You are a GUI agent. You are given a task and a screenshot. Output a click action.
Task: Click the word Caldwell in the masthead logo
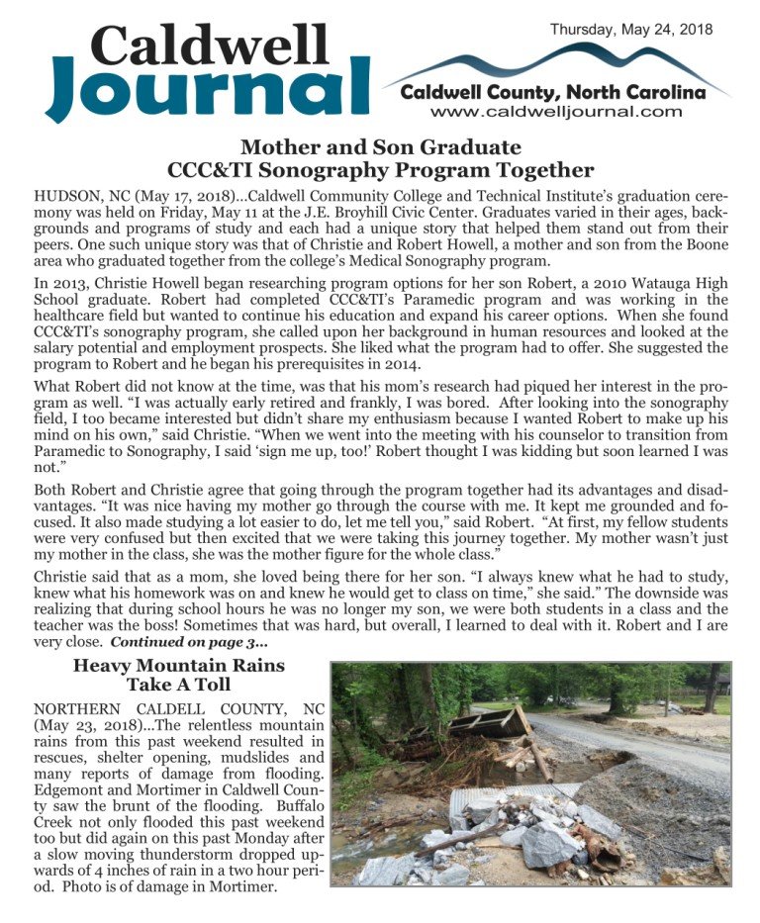pos(211,44)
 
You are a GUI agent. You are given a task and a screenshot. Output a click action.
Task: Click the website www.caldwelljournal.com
pos(556,112)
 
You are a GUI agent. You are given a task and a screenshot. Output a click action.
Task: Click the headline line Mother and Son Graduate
pos(381,147)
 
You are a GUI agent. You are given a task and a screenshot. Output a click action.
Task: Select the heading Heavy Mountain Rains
pos(178,666)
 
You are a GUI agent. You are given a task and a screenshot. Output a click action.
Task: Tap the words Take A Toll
pos(178,685)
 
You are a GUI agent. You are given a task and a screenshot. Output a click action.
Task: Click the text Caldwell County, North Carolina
pos(553,93)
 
